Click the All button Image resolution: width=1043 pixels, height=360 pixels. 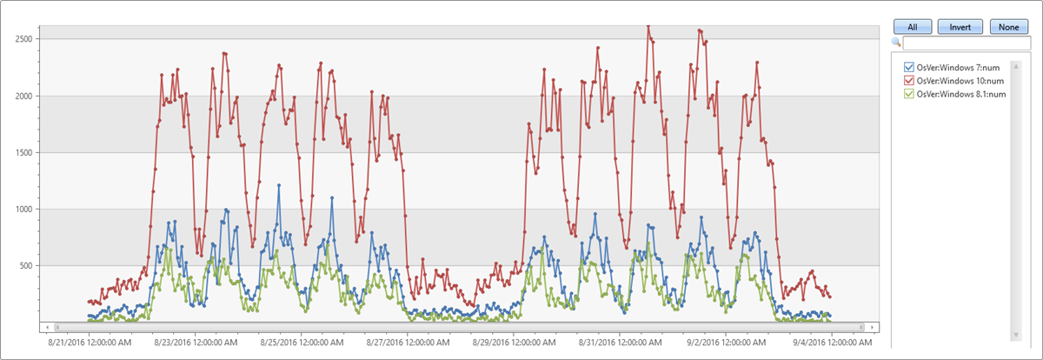(912, 27)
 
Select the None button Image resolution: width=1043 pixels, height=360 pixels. (1008, 27)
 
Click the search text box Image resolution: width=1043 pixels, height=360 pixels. (966, 43)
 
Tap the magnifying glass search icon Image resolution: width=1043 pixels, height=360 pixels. (896, 43)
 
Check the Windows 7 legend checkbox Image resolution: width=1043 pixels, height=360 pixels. (909, 68)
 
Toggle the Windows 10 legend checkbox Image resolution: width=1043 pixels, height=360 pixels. (909, 81)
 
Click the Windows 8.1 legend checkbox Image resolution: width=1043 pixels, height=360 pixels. (909, 94)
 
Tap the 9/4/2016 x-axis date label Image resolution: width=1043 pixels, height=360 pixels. (832, 343)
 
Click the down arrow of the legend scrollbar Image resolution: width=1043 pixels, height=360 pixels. (1013, 335)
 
